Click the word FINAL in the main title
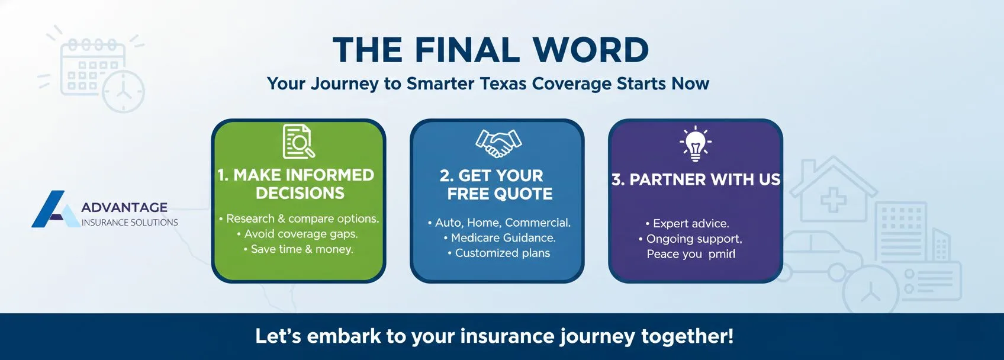[467, 50]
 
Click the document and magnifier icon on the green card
[298, 142]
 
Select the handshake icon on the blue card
[498, 143]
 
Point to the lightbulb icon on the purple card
[696, 144]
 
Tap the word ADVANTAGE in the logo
[124, 207]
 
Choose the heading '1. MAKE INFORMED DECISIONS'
[298, 184]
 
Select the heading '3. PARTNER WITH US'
[696, 179]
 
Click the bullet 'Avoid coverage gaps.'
[301, 234]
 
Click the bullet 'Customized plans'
[502, 253]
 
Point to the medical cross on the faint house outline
[833, 199]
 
